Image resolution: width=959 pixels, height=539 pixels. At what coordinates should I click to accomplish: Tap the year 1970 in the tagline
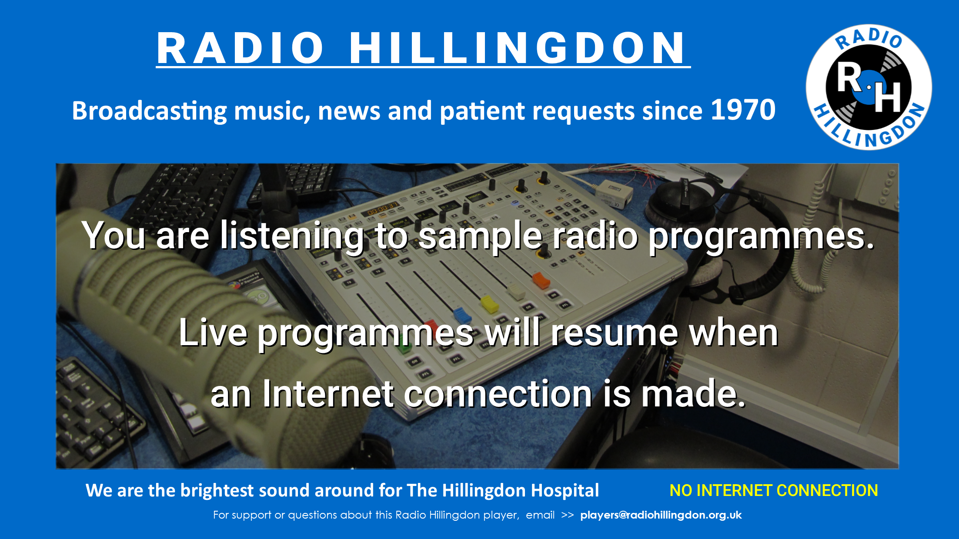743,110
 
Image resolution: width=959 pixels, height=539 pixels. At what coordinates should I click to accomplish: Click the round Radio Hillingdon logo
869,87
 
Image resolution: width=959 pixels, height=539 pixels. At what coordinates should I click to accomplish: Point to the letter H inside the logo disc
888,97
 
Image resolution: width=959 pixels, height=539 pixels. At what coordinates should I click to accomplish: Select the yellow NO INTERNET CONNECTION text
774,490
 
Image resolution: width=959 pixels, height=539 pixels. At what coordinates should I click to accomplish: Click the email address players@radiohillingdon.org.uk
661,515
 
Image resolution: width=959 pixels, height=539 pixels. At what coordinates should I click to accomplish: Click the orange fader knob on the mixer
541,280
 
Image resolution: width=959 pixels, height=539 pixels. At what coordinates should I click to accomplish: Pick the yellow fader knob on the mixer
489,304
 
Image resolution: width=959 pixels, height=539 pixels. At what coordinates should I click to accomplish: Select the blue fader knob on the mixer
462,315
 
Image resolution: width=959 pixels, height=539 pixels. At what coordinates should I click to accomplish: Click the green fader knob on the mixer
405,348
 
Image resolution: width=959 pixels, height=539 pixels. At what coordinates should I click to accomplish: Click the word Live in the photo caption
213,333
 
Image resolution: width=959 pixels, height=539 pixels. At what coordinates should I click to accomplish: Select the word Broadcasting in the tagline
149,111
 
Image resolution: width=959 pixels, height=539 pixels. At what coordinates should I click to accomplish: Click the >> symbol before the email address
568,515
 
